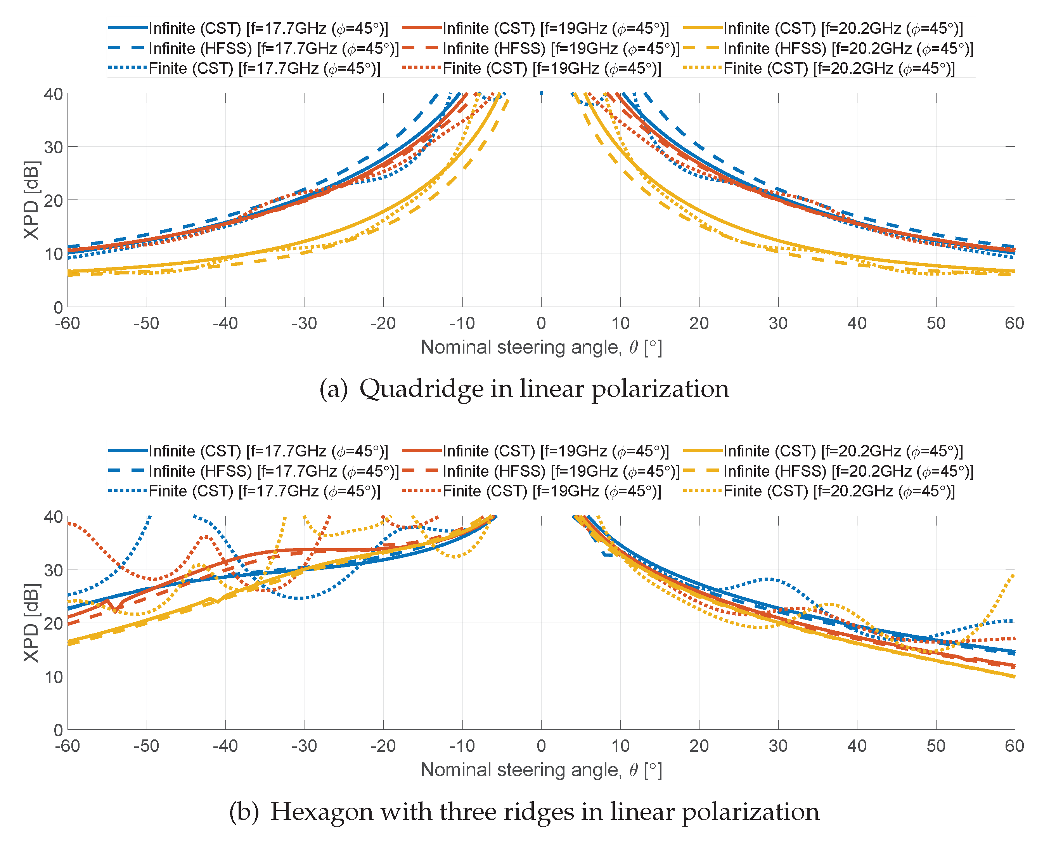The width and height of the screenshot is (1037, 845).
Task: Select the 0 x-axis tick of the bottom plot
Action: pos(541,745)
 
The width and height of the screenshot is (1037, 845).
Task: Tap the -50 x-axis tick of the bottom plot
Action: pos(146,745)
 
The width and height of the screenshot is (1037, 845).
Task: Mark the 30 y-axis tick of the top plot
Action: pos(54,147)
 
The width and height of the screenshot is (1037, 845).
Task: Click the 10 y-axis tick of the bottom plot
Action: pos(54,676)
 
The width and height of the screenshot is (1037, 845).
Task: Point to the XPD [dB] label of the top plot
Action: pos(31,200)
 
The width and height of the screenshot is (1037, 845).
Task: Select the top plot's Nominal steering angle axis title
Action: pos(541,347)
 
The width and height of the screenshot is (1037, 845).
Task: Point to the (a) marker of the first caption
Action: pos(333,389)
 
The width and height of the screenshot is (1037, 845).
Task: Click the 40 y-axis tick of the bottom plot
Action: pos(54,517)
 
